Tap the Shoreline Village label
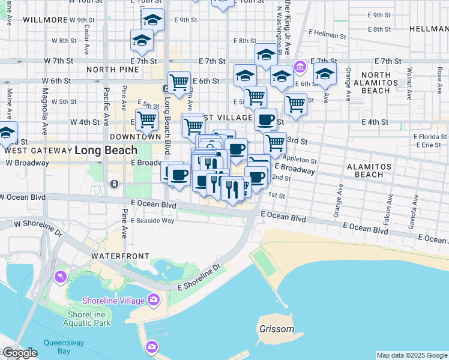114,301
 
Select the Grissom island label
277,329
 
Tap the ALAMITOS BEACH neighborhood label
369,170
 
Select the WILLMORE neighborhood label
46,20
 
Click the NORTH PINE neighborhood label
113,70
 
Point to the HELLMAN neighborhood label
429,29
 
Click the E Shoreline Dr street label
199,280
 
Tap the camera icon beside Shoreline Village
154,299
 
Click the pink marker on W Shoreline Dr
61,276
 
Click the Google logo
20,353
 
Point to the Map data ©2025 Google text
411,355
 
